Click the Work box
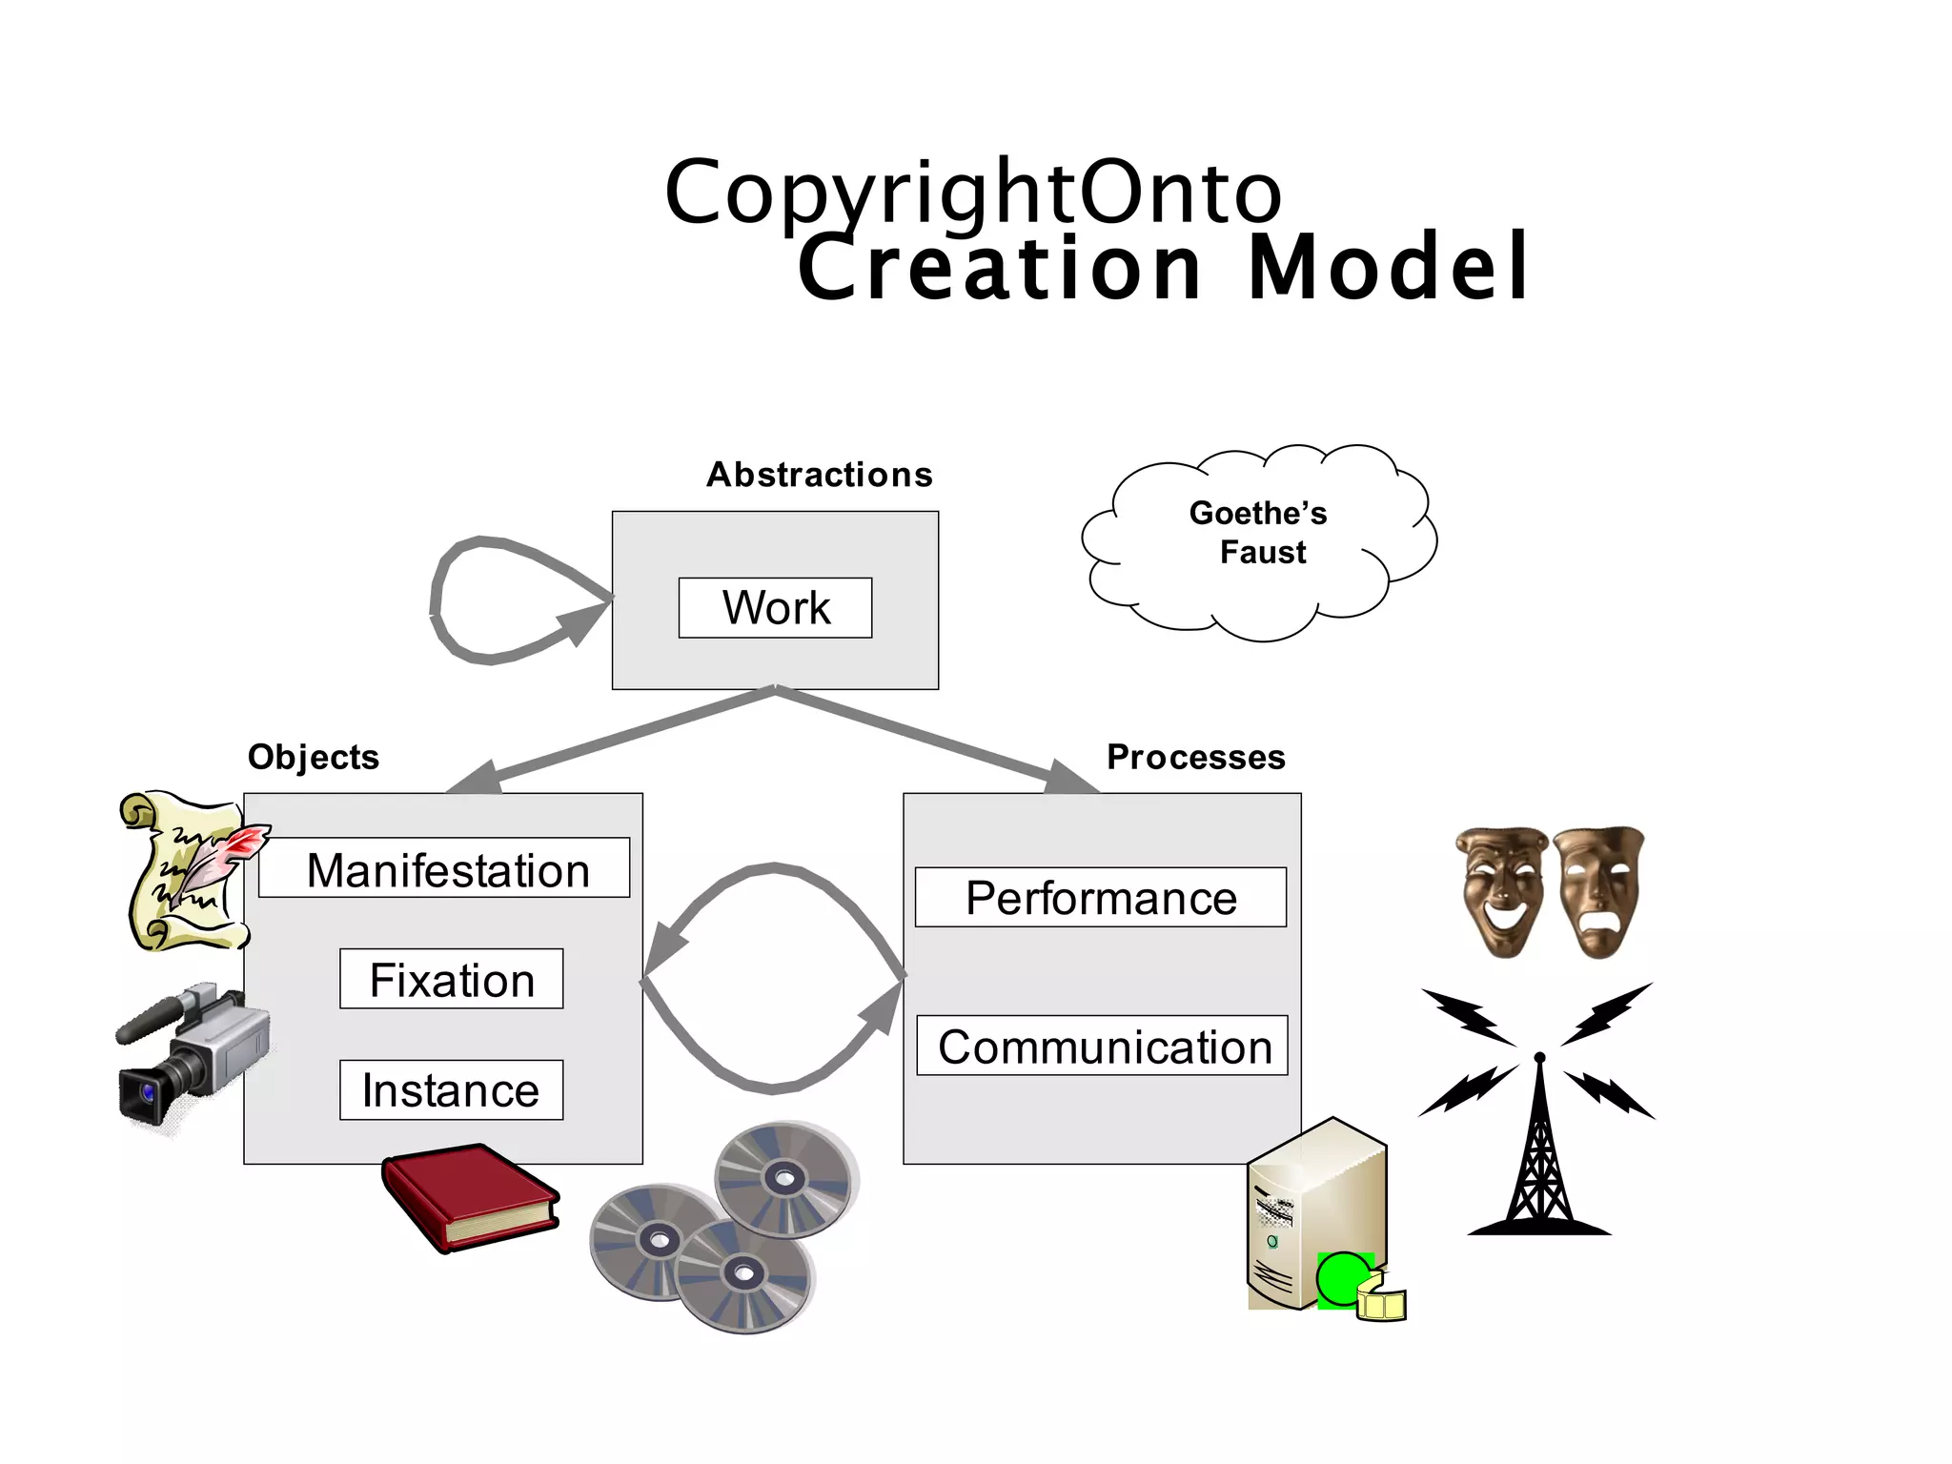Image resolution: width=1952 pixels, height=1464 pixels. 775,608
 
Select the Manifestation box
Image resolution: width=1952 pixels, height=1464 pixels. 444,868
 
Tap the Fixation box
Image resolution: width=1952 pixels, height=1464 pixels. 451,979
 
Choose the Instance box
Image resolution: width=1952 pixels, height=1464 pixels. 451,1089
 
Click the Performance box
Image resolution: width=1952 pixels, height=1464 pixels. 1101,897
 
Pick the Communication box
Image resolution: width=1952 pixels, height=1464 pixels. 1103,1046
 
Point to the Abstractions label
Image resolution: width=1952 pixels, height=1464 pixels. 820,475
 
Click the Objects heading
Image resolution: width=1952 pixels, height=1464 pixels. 314,757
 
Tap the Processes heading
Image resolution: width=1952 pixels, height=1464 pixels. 1196,757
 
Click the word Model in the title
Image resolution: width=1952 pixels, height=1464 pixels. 1388,269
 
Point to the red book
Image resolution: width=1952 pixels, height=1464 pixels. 469,1197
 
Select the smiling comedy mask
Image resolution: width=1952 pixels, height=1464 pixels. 1501,890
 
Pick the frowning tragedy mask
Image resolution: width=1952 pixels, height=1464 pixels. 1599,890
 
